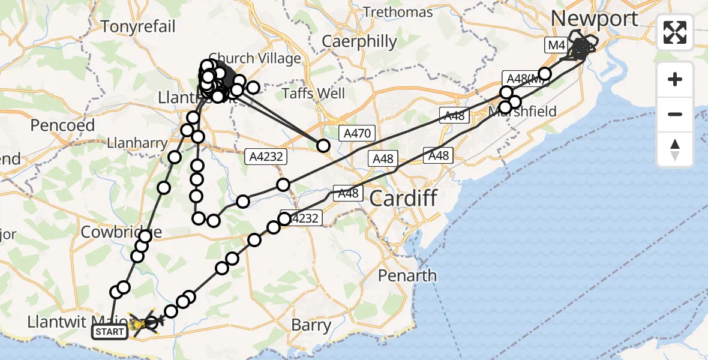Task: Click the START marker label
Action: coord(110,331)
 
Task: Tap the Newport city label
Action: coord(594,19)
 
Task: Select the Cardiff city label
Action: coord(403,197)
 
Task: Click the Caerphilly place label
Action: coord(359,41)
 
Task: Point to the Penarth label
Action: coord(407,275)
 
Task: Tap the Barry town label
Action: coord(311,325)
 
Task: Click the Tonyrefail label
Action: coord(139,26)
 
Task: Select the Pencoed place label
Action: coord(62,125)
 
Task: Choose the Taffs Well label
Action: coord(314,93)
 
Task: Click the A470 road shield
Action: coord(358,134)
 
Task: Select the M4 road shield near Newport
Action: coord(556,44)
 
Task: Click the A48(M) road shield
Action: coord(522,78)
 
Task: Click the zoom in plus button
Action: coord(675,79)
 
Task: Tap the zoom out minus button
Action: coord(675,114)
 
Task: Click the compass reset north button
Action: coord(675,149)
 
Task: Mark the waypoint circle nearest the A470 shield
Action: coord(323,145)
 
